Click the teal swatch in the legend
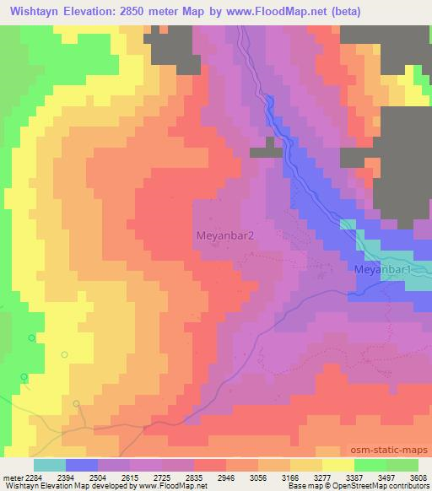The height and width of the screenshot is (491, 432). coord(49,465)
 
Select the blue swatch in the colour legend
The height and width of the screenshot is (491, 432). coord(82,465)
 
